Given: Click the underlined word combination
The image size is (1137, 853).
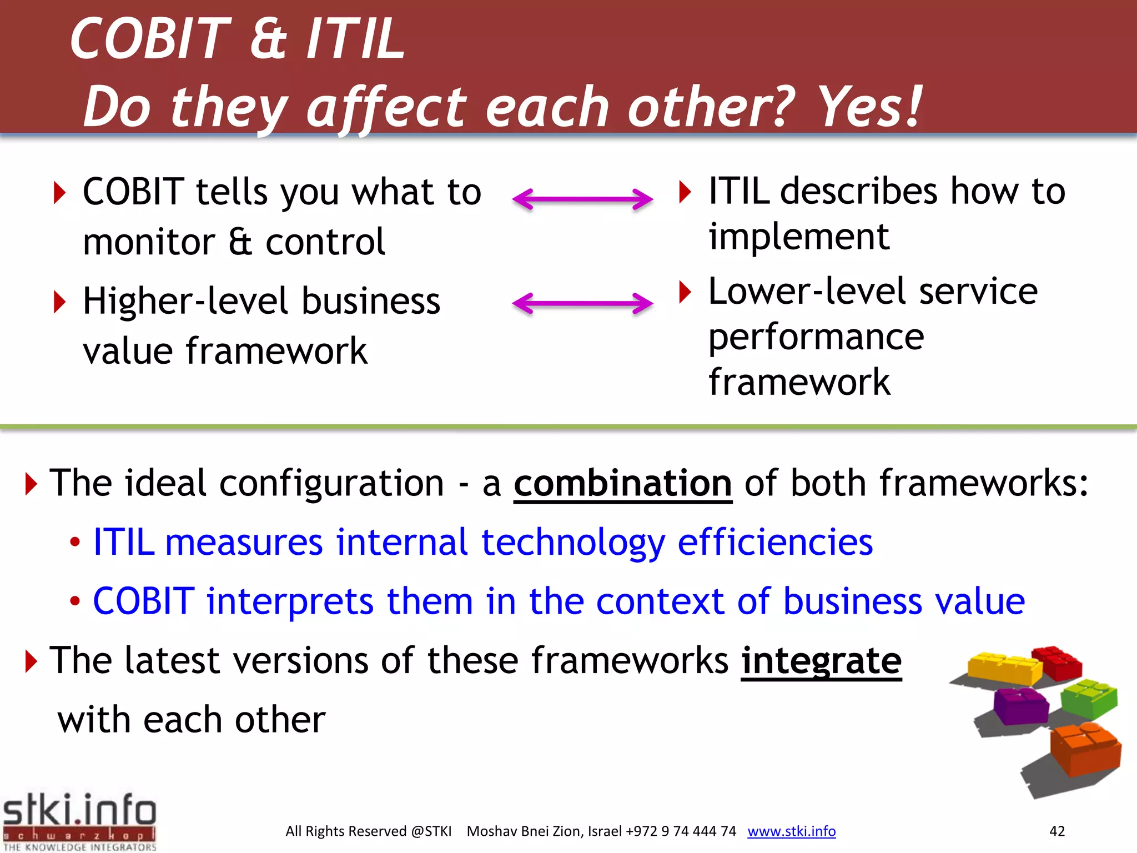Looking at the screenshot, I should click(622, 483).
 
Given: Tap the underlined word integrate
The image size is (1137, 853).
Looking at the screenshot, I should click(821, 661).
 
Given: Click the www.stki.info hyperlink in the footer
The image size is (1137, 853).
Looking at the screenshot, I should click(791, 831).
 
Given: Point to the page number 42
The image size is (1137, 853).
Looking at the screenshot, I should click(1056, 831).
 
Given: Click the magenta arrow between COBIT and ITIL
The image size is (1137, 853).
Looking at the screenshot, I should click(582, 199).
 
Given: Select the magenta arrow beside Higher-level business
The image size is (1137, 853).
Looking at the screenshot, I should click(582, 303).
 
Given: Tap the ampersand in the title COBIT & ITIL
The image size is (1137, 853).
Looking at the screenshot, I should click(268, 39).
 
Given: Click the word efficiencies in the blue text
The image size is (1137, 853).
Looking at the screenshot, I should click(775, 543).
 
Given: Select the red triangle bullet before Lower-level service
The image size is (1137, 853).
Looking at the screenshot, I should click(686, 292).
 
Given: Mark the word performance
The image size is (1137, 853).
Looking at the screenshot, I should click(816, 338).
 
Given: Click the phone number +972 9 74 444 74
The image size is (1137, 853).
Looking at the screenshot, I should click(681, 831).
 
